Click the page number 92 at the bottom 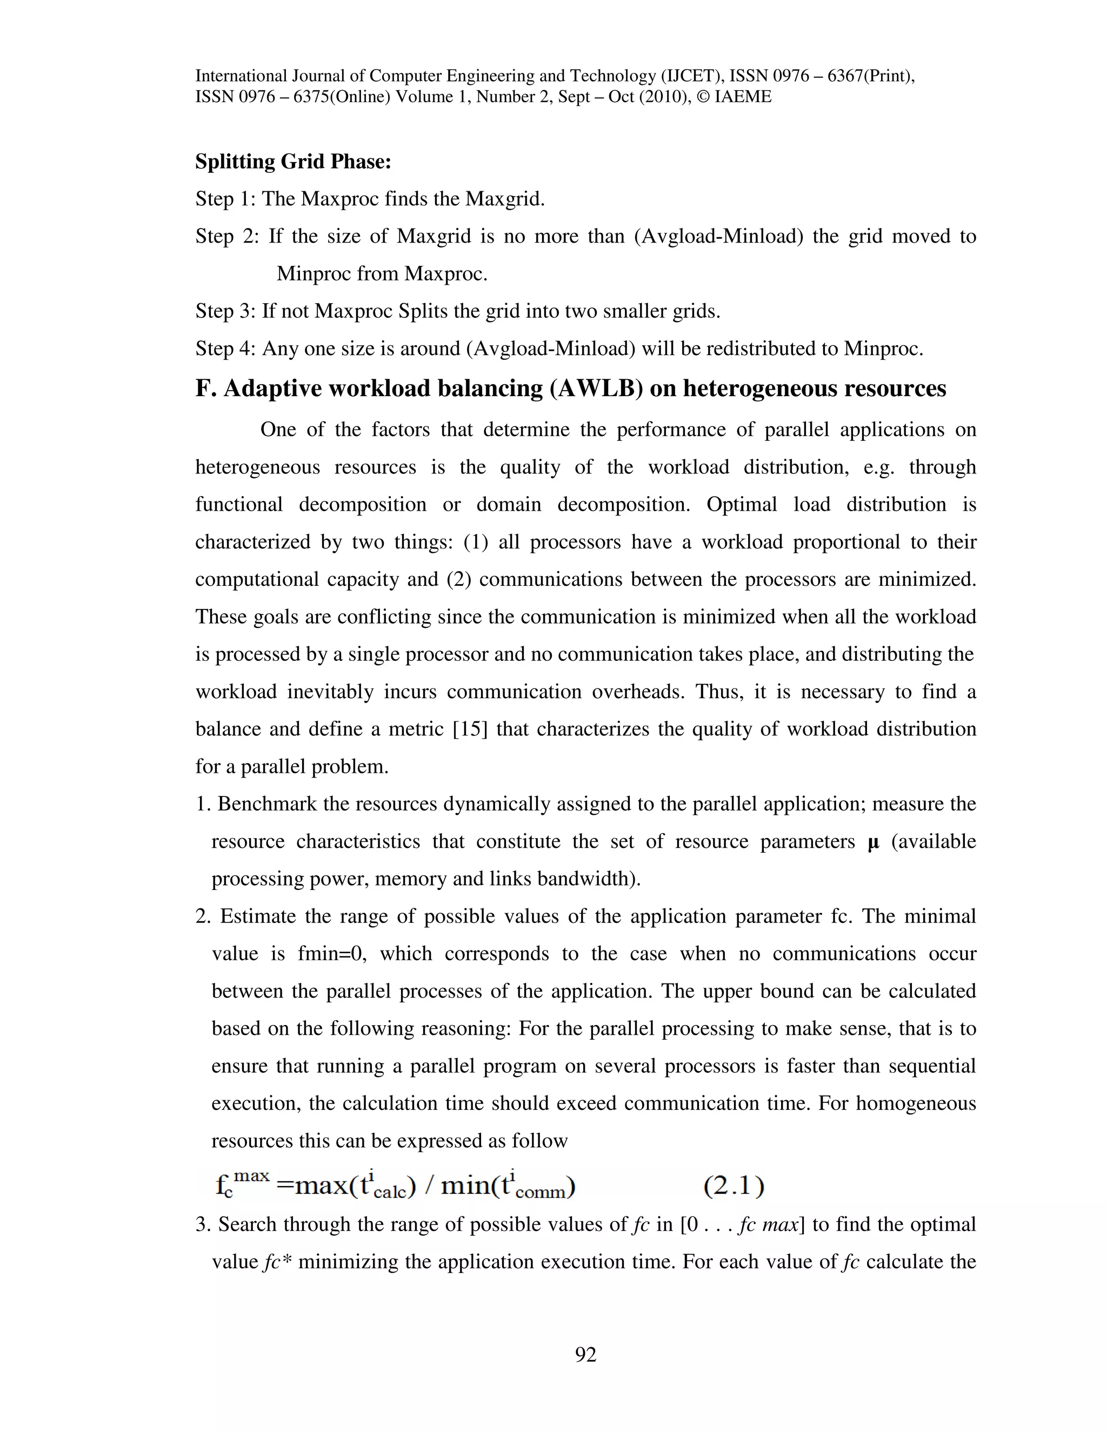[x=585, y=1354]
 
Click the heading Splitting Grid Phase [x=293, y=161]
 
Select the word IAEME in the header [x=743, y=98]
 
